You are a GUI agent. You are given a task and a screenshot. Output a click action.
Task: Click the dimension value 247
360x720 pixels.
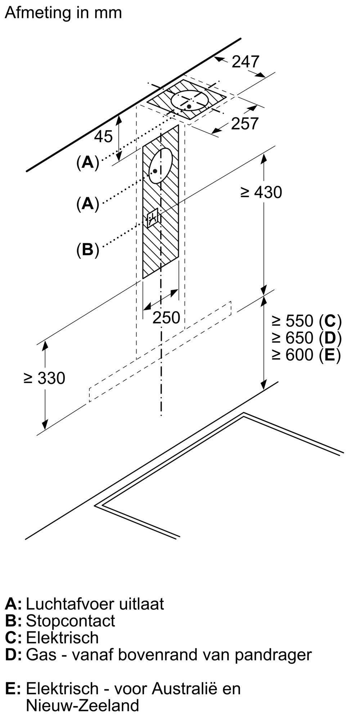click(245, 62)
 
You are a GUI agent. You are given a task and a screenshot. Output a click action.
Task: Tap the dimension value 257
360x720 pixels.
click(245, 123)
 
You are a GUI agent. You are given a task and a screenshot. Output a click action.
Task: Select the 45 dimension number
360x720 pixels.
click(103, 136)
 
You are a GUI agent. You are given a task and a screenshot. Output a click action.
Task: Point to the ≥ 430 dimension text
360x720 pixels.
click(261, 192)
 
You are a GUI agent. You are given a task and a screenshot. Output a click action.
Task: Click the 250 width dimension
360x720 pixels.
click(166, 318)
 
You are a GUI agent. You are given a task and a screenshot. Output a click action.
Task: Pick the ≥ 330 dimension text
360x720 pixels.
click(44, 378)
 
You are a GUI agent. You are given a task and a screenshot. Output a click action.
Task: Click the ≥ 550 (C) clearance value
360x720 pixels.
click(307, 320)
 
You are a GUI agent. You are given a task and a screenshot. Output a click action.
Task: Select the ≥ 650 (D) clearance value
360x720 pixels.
click(307, 338)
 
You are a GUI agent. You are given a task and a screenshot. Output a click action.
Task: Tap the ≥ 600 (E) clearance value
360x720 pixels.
click(307, 355)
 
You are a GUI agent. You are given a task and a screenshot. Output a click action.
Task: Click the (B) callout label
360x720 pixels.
click(87, 249)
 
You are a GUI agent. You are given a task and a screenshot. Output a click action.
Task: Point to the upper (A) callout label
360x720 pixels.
click(87, 163)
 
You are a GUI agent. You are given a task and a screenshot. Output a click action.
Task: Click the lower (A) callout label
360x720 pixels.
click(87, 204)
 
